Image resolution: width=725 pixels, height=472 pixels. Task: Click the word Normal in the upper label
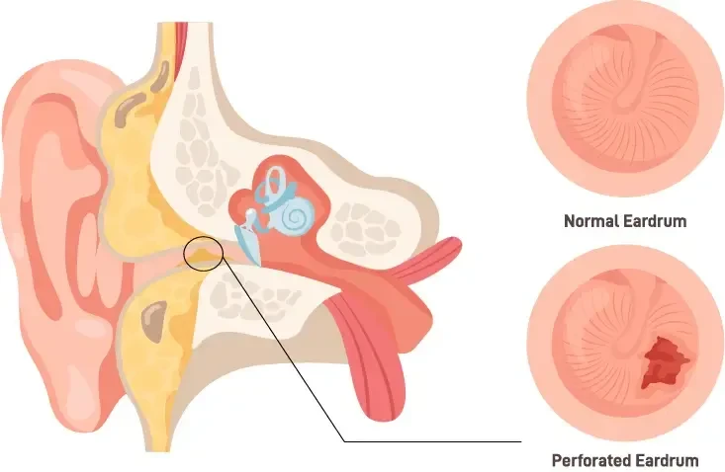pos(591,221)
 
